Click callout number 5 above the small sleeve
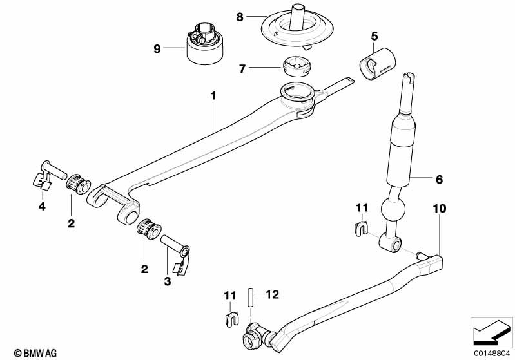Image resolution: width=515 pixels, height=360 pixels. point(374,35)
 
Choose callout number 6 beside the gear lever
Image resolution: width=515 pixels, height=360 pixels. point(439,180)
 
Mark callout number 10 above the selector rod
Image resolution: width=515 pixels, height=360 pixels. point(440,209)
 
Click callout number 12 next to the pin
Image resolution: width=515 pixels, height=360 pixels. point(272,296)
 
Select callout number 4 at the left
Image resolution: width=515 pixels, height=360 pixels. point(42,207)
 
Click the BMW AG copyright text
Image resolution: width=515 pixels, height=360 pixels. point(23,352)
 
